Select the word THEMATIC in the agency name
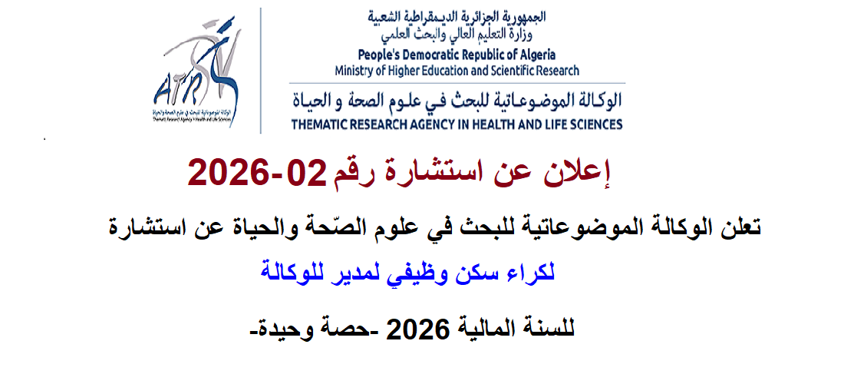[x=315, y=124]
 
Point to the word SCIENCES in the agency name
[x=598, y=124]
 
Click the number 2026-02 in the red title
[x=257, y=173]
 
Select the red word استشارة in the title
[x=431, y=173]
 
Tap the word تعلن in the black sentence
[x=741, y=227]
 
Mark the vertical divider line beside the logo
[x=261, y=71]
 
